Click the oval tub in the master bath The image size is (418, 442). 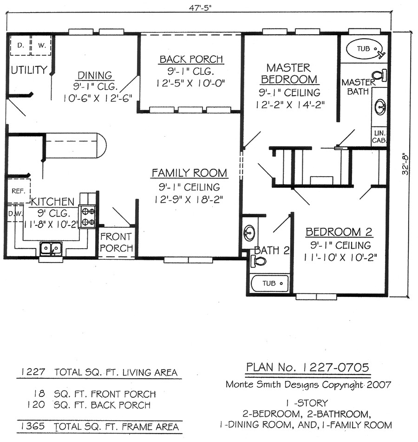tap(365, 49)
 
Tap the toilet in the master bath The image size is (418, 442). tap(379, 75)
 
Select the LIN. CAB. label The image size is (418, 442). tap(379, 137)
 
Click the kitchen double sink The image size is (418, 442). tap(51, 249)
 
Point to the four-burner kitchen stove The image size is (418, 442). tap(88, 216)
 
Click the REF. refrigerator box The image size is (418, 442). tap(18, 191)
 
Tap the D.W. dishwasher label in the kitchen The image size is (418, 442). tap(15, 214)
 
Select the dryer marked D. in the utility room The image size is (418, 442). tap(20, 45)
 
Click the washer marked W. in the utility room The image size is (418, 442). tap(41, 45)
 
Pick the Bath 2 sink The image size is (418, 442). tap(249, 233)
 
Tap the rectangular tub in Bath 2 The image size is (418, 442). tap(270, 284)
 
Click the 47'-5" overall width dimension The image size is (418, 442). tap(200, 7)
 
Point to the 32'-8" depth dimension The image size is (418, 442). tap(405, 164)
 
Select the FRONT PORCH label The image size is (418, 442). tap(116, 242)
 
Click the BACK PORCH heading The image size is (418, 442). tap(191, 59)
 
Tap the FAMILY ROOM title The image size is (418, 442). tap(189, 173)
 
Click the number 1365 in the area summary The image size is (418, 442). tap(33, 426)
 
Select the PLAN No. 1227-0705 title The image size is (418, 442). tap(307, 367)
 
